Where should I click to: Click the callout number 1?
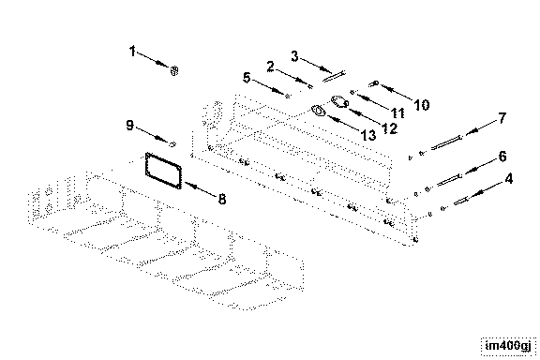click(x=132, y=52)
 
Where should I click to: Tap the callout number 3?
click(x=294, y=56)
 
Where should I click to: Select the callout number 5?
click(x=247, y=78)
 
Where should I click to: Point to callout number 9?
click(x=129, y=125)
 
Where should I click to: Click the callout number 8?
click(x=222, y=199)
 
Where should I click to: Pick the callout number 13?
click(x=368, y=135)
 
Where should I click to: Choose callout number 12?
click(x=390, y=128)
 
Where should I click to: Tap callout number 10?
click(x=422, y=105)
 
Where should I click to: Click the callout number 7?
click(x=502, y=118)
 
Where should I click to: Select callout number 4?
click(x=509, y=179)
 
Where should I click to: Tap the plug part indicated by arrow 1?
click(x=174, y=70)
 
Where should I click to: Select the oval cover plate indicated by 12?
click(x=340, y=101)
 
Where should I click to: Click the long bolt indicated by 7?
click(x=446, y=142)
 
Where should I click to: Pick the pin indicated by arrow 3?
click(x=334, y=76)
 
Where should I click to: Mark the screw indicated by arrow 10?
click(x=374, y=83)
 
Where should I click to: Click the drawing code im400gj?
click(x=508, y=346)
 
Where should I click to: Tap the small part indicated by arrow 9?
click(x=172, y=143)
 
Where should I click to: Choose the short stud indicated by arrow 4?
click(x=461, y=201)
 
